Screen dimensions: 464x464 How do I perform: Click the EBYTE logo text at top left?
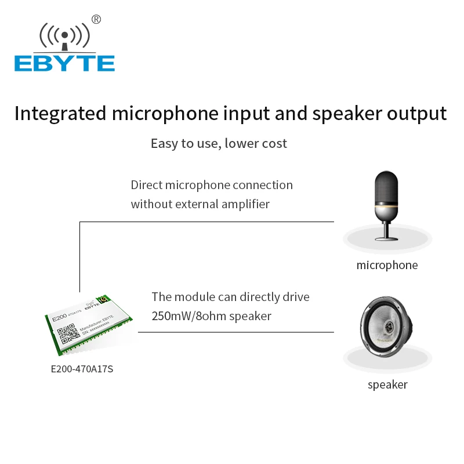click(64, 63)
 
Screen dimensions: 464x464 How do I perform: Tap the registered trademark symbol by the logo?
click(96, 20)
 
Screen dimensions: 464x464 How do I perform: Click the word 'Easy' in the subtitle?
click(164, 143)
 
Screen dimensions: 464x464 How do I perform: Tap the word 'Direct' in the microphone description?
click(146, 185)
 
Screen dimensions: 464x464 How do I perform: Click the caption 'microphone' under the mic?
click(387, 266)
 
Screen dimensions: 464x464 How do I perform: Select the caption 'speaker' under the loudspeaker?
click(387, 385)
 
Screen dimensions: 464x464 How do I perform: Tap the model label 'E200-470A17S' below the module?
click(82, 368)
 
